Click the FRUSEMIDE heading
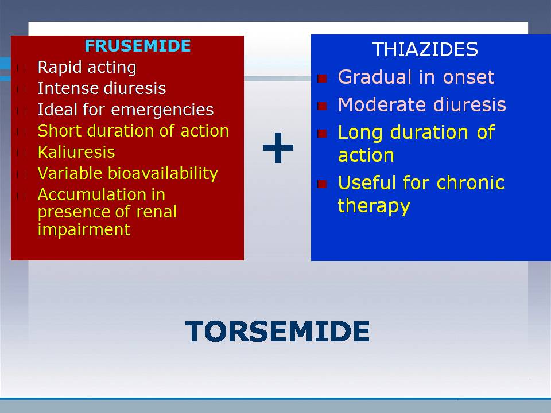click(x=138, y=46)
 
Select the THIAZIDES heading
click(x=425, y=49)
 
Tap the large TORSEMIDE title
click(x=278, y=331)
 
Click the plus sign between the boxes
click(x=278, y=147)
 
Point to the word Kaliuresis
click(x=76, y=152)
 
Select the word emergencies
click(x=162, y=110)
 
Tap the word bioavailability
click(x=162, y=173)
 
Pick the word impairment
click(x=84, y=229)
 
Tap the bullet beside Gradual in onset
click(x=322, y=78)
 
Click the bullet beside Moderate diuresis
click(x=322, y=106)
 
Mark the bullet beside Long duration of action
click(x=322, y=134)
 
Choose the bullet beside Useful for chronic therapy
click(x=322, y=184)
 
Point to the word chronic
click(x=471, y=182)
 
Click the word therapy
click(x=374, y=206)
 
